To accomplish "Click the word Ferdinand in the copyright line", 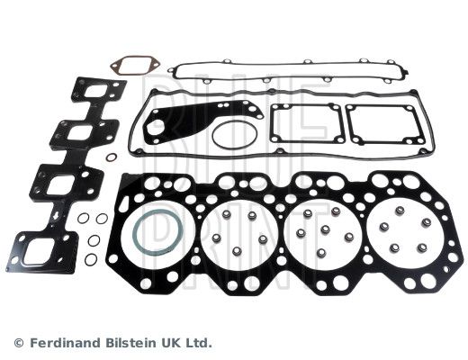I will (x=65, y=343).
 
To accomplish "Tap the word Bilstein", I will (x=136, y=343).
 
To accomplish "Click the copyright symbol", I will (x=18, y=343).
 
